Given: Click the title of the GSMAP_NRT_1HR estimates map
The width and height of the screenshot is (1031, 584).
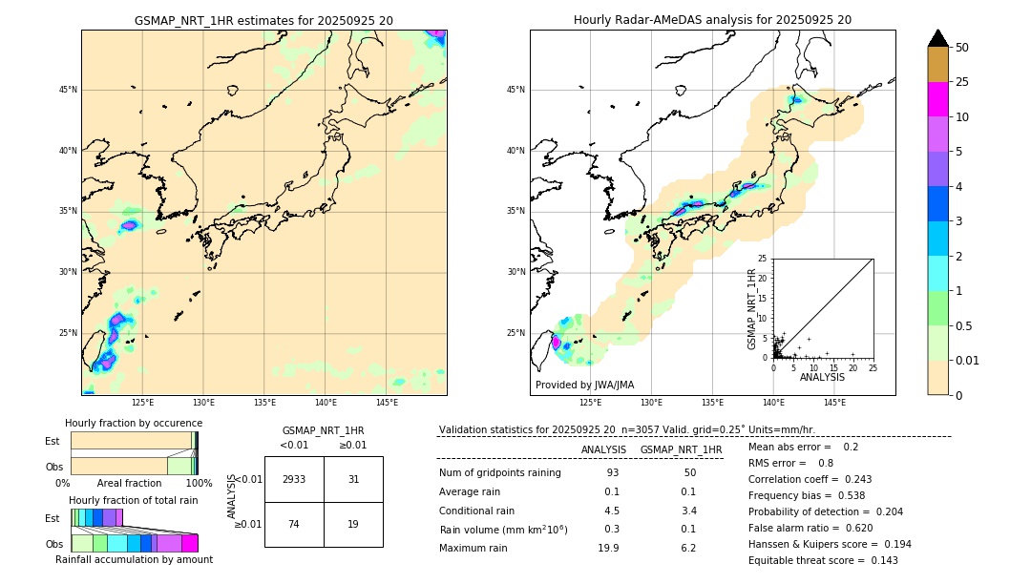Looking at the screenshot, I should coord(263,20).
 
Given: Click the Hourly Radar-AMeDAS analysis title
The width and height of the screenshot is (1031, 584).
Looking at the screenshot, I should coord(712,20).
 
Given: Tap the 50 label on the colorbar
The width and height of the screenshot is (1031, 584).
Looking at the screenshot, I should coord(962,48).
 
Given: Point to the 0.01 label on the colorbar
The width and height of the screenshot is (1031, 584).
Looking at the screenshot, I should coord(968,360).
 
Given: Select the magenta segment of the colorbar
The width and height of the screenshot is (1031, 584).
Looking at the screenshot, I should coord(937,99).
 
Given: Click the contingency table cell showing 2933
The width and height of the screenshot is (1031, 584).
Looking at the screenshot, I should coord(294,479).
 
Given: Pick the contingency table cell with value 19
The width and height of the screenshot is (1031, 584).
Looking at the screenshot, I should coord(353,524).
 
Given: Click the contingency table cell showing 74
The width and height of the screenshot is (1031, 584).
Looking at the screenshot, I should coord(294,524).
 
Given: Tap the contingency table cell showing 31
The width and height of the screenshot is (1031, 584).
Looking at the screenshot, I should coord(353,479).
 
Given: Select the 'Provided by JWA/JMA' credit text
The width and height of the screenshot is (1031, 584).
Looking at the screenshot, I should coord(584,385).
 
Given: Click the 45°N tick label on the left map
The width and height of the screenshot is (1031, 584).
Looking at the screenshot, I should coord(68,90).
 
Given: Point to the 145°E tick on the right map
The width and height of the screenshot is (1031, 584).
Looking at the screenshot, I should coord(834,403).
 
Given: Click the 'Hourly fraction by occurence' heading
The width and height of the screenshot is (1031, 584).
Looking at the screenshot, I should coord(134,423).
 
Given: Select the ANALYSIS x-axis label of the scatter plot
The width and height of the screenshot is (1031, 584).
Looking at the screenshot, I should coord(822,377).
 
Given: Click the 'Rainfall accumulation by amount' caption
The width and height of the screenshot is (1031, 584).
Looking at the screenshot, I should coord(134,559).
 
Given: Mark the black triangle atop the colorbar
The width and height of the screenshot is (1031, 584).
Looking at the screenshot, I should coord(937,38).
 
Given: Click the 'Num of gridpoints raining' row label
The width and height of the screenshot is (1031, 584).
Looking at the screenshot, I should coord(499,473).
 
